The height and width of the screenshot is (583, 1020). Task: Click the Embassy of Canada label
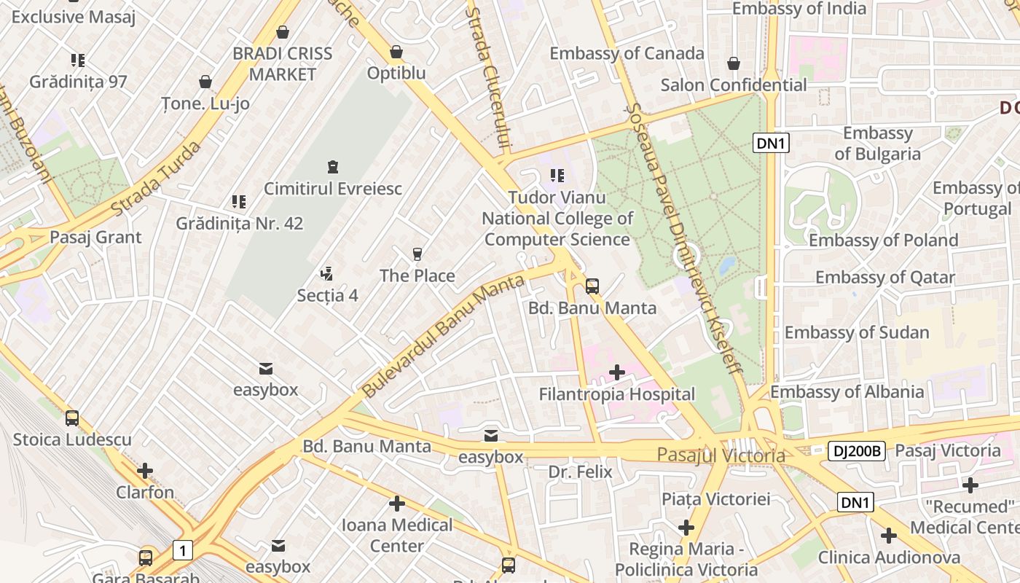pos(627,53)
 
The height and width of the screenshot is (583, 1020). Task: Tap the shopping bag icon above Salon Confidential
pos(734,64)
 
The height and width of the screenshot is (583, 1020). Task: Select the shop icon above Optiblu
pos(396,52)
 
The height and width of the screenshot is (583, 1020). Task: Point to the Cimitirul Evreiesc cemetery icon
pos(333,167)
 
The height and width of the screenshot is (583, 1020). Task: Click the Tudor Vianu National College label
pos(557,218)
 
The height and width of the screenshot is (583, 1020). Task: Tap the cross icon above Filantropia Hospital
pos(617,373)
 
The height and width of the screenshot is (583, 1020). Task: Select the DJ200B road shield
pos(856,452)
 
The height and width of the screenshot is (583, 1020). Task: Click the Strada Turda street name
pos(156,179)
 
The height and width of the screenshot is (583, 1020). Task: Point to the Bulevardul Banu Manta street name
pos(442,336)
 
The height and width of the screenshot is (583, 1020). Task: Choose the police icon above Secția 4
pos(327,274)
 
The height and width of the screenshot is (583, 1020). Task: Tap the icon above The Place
pos(417,254)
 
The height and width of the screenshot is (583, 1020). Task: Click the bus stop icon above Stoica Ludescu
pos(72,418)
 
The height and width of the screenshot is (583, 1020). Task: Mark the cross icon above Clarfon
pos(145,471)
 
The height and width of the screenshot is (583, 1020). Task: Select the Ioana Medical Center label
pos(397,535)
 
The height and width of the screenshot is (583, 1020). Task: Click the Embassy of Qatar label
pos(884,278)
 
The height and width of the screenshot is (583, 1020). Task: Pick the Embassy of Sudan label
pos(857,333)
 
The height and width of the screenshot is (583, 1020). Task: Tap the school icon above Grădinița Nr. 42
pos(239,202)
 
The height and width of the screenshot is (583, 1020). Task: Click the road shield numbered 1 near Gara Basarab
pos(183,549)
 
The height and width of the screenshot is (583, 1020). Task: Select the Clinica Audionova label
pos(889,557)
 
